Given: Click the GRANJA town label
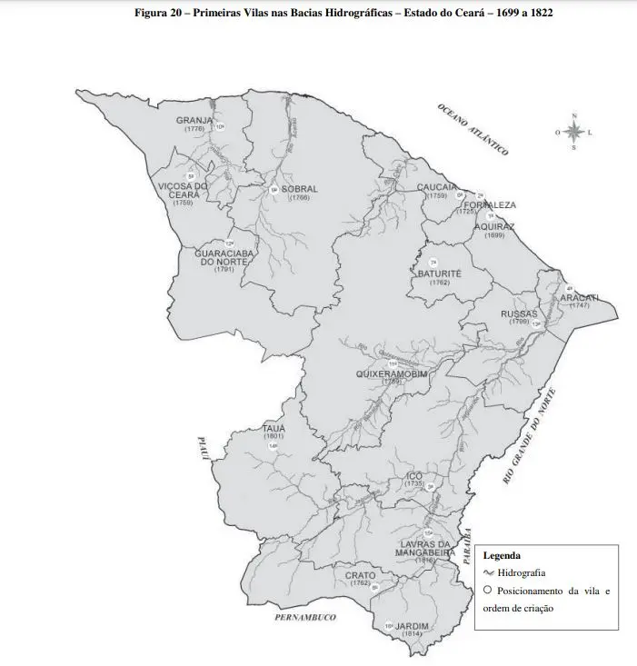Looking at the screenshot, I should click(194, 120).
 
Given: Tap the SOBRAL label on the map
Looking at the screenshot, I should click(300, 189).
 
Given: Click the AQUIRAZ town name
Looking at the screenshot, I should click(494, 226).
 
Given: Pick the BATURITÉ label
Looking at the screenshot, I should click(440, 273).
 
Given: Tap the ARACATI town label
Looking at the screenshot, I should click(579, 297).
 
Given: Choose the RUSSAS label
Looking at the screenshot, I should click(519, 313).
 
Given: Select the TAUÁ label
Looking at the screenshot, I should click(274, 427).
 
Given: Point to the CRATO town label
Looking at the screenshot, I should click(360, 575).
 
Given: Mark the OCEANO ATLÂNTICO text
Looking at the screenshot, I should click(473, 128).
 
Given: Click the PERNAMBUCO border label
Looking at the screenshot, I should click(304, 617).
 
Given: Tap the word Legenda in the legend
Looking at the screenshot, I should click(502, 555).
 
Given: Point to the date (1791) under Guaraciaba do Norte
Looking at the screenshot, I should click(224, 270).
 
